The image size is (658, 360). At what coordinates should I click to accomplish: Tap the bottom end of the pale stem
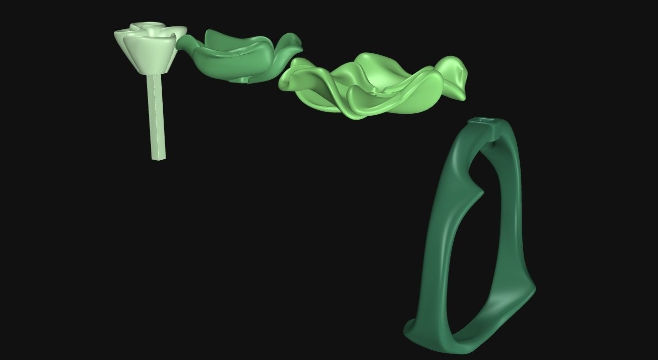(159, 157)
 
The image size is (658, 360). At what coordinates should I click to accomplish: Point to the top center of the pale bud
(151, 25)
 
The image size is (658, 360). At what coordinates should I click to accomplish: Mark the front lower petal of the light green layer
(371, 105)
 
